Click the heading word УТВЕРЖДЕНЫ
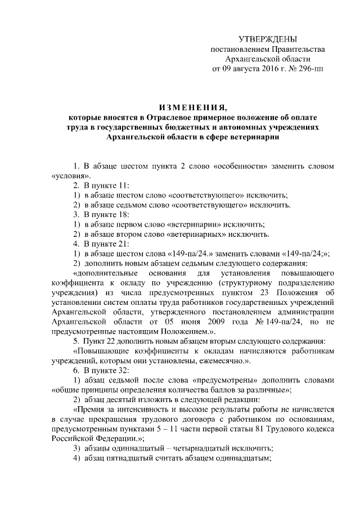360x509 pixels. click(x=267, y=39)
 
